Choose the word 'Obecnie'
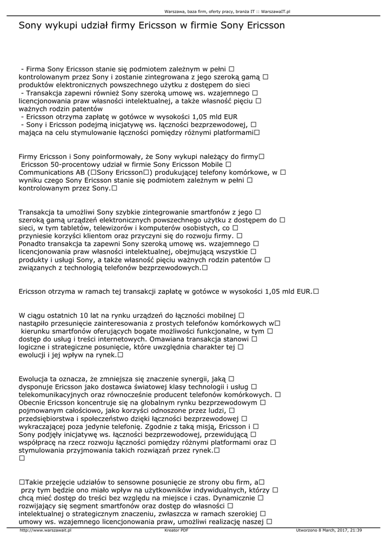tap(34, 403)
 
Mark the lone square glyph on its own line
tap(22, 458)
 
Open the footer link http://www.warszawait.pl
tap(45, 531)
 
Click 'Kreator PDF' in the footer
tap(176, 531)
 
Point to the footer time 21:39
tap(355, 531)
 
